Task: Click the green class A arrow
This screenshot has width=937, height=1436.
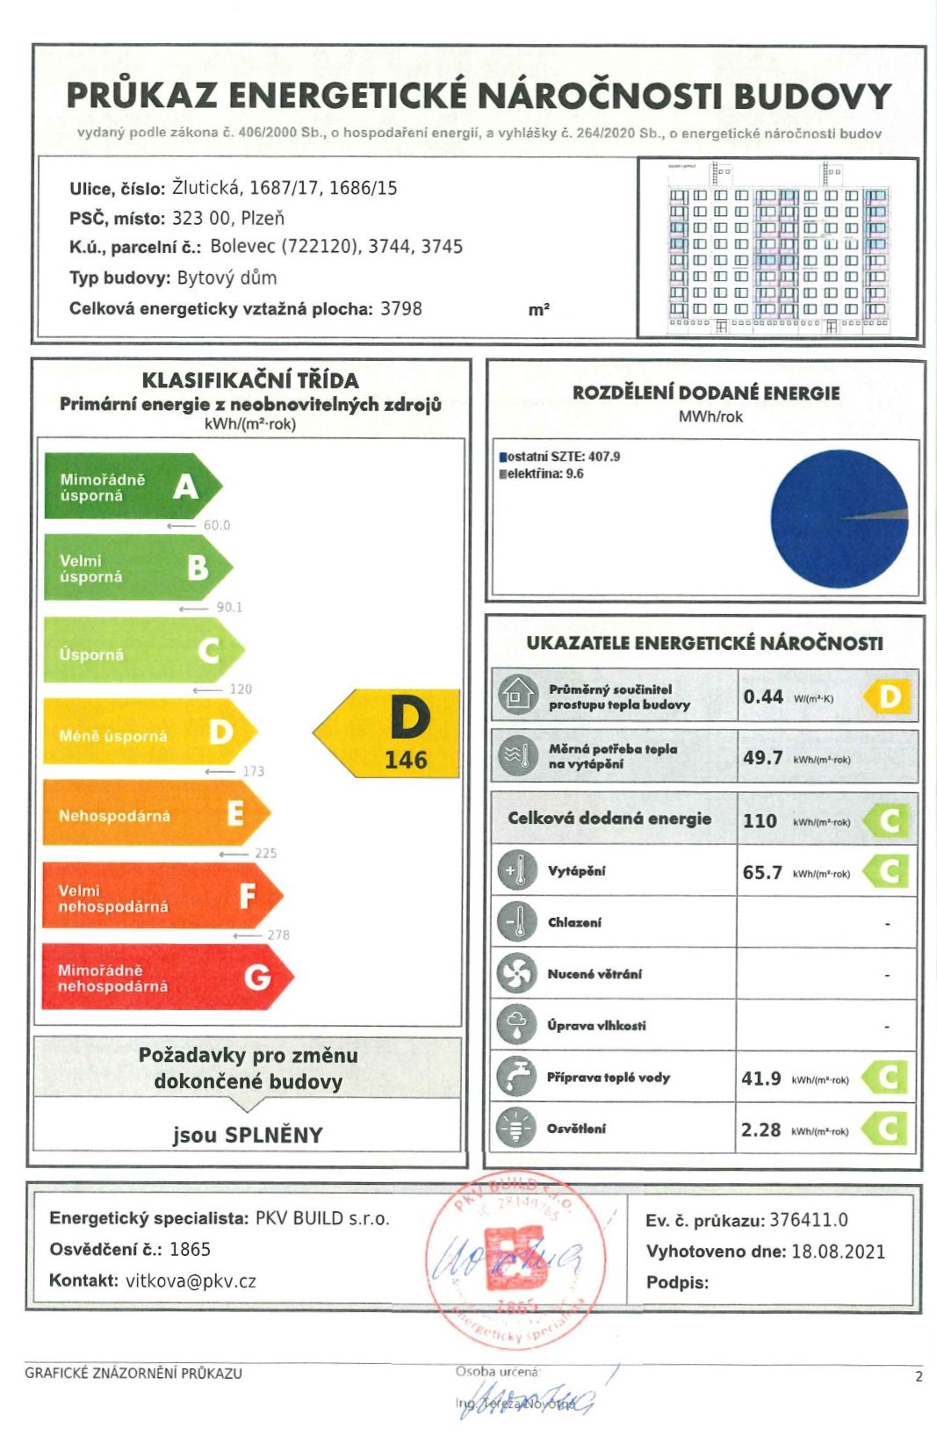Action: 132,487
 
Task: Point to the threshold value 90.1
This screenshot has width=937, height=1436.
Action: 229,607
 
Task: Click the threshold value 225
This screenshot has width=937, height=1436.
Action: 265,853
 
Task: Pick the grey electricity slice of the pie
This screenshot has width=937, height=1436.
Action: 890,516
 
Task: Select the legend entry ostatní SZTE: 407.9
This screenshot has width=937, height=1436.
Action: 563,457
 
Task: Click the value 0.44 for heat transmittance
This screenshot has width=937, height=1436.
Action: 762,696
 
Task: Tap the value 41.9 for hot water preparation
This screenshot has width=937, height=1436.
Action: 760,1078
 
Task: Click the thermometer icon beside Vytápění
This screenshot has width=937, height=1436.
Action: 516,870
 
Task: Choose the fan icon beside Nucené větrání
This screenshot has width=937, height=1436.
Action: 516,973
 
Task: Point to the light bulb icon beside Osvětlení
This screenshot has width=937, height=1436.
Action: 516,1128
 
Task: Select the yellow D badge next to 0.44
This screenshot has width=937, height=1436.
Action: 889,696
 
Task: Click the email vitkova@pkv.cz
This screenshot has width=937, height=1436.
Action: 191,1281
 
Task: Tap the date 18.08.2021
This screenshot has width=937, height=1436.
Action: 838,1252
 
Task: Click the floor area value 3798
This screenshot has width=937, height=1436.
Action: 400,309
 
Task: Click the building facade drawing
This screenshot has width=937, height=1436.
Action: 778,248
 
